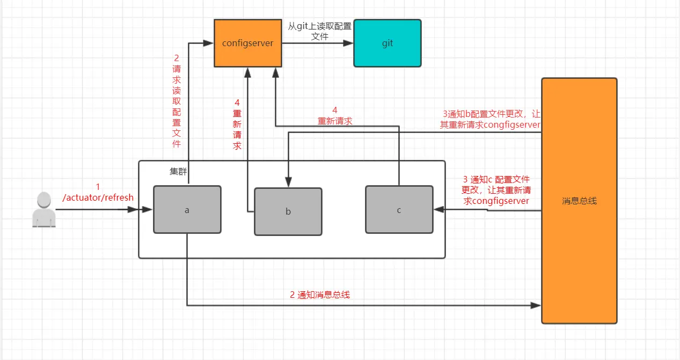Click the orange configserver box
tap(247, 43)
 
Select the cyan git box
tap(387, 43)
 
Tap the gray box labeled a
tap(187, 210)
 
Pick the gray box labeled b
tap(288, 211)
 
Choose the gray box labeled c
tap(399, 209)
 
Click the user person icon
tap(43, 210)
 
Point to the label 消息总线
tap(579, 201)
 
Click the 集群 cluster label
tap(179, 171)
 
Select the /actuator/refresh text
tap(98, 197)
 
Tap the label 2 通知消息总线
tap(320, 294)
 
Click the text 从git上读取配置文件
tap(320, 31)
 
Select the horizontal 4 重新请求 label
tap(335, 116)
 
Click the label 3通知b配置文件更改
tap(490, 119)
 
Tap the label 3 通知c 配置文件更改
tap(496, 190)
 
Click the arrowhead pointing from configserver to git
tap(348, 43)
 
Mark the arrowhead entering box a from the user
tap(148, 210)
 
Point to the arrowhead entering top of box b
tap(289, 183)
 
